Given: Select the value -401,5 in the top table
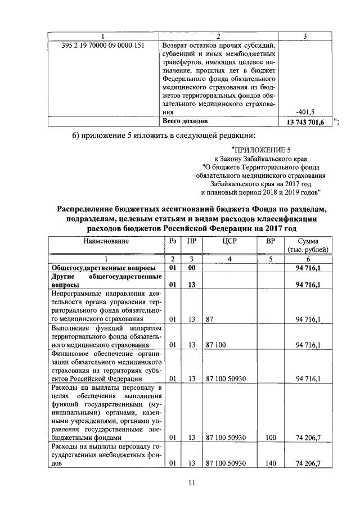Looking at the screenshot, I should point(313,111).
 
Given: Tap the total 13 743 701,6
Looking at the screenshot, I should point(305,122).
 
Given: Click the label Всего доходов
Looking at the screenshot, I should point(185,121).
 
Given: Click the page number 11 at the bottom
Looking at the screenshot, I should point(191,483).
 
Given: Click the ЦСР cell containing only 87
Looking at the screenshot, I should point(210,319).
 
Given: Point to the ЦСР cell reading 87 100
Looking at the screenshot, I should point(216,345).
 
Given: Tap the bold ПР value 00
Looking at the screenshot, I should point(191,268).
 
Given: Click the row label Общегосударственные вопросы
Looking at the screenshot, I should point(100,268).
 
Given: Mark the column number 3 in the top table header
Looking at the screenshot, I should point(304,36).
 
